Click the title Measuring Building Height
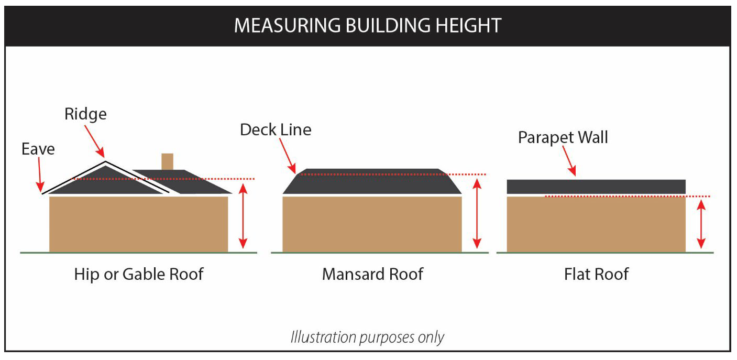[x=368, y=25]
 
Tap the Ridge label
[x=85, y=114]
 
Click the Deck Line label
[x=276, y=129]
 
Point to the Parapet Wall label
[x=563, y=137]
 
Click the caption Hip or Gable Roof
[x=138, y=274]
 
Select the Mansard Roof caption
[x=372, y=274]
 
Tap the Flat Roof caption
[x=597, y=274]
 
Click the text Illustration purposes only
[x=367, y=337]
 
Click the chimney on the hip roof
[x=167, y=161]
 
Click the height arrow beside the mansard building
[x=476, y=213]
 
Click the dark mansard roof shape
[x=372, y=182]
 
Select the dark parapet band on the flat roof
[x=596, y=187]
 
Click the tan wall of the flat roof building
[x=596, y=225]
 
